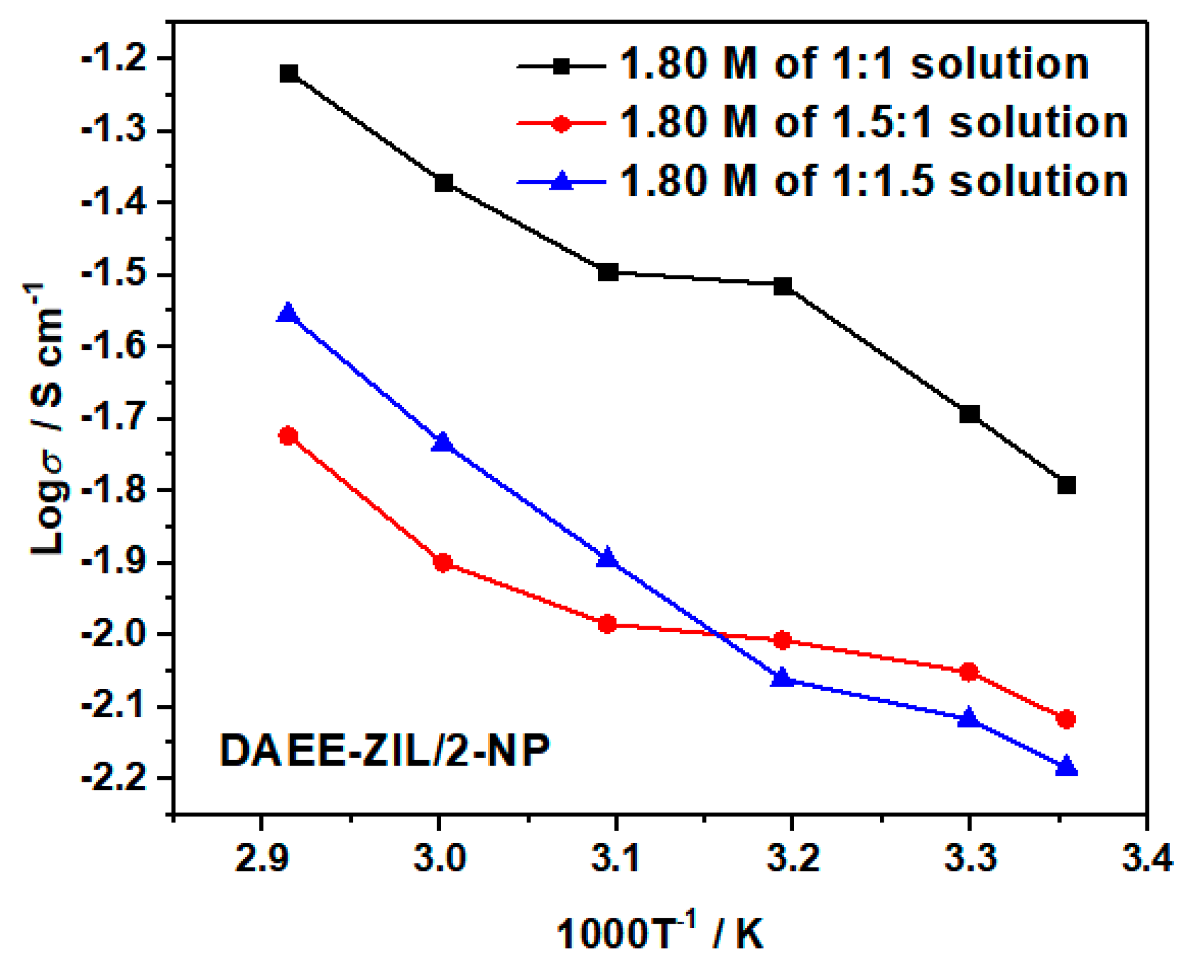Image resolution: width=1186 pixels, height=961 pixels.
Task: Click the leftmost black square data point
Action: point(289,74)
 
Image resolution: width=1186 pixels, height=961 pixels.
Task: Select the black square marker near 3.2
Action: point(783,286)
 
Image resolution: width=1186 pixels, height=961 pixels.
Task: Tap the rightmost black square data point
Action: point(1066,485)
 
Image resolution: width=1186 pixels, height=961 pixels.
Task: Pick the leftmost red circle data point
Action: point(288,436)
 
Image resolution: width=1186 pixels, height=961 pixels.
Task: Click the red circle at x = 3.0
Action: point(443,563)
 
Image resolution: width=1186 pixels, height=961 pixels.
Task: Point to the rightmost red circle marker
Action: point(1066,719)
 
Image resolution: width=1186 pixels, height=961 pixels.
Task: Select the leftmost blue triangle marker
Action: point(288,313)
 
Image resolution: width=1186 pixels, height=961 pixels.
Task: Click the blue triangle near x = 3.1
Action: point(607,558)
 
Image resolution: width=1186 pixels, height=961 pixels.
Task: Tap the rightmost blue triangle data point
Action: point(1066,766)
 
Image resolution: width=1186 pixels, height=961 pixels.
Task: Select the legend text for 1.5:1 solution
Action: point(873,123)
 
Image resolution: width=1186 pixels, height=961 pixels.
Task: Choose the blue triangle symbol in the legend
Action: point(561,181)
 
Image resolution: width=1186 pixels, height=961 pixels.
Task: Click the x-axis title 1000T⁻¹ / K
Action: point(659,933)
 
